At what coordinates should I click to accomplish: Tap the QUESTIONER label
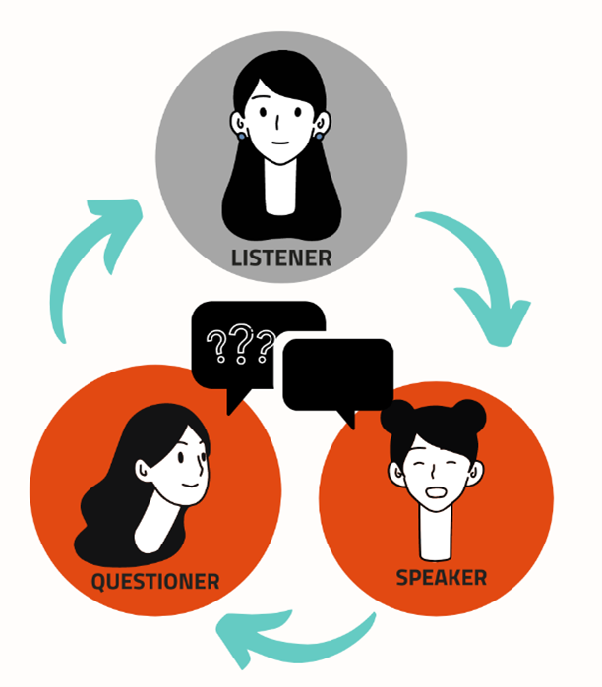click(x=155, y=581)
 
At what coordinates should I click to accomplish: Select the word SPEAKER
click(x=442, y=577)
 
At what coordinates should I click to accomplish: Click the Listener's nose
click(x=278, y=124)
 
